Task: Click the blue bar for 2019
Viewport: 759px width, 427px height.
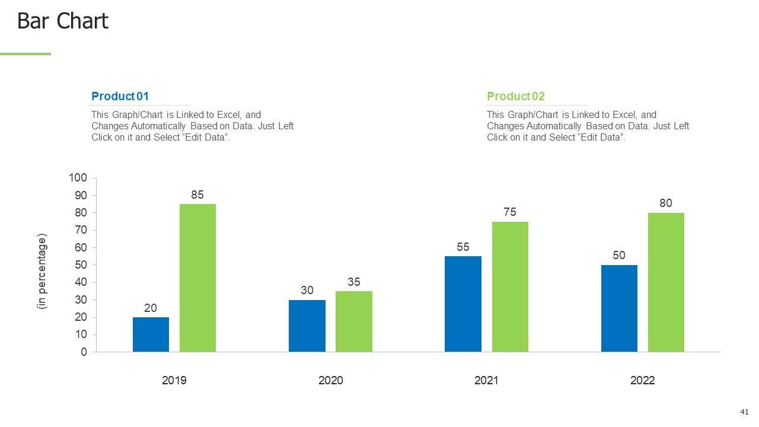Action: (151, 334)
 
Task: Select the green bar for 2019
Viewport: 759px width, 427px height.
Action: (197, 278)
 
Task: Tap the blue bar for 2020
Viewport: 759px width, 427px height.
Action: (307, 326)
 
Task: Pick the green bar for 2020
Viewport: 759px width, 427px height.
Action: (354, 321)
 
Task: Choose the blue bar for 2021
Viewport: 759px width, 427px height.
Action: (463, 304)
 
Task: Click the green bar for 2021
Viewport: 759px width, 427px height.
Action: (510, 286)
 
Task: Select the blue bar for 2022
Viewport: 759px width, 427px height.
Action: (619, 308)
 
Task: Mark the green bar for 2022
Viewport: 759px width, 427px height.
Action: (666, 282)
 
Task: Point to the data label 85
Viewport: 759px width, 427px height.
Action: (197, 195)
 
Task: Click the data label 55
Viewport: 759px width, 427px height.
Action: (463, 247)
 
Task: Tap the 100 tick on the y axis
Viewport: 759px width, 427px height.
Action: (78, 178)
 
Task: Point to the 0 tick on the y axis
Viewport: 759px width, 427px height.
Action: (84, 352)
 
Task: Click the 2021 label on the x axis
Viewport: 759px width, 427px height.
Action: (486, 380)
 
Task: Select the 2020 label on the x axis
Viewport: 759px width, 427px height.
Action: (330, 380)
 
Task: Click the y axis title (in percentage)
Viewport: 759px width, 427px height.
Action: (42, 271)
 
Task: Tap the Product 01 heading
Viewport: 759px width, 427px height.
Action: (120, 96)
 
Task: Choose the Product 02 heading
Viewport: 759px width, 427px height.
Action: (515, 96)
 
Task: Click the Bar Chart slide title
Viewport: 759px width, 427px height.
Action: (62, 21)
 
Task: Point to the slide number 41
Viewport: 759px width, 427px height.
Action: (745, 412)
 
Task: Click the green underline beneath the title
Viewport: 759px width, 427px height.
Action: (25, 54)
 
